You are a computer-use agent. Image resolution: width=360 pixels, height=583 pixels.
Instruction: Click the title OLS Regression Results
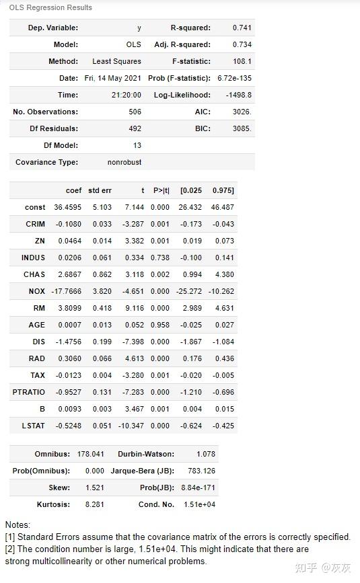50,7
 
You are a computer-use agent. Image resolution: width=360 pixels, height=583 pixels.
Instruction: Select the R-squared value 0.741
242,28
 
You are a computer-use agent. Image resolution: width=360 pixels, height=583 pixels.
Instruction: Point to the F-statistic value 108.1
242,61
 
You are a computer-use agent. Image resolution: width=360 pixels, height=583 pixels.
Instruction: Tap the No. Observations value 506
135,112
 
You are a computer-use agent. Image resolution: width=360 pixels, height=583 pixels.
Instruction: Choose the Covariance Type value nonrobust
124,162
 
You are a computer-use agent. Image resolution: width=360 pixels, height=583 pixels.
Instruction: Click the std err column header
100,190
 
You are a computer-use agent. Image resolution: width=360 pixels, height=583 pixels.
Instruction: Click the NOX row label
37,291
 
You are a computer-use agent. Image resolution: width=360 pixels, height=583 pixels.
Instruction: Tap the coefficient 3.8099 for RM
69,308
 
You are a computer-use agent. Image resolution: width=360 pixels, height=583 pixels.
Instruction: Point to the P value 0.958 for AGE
160,325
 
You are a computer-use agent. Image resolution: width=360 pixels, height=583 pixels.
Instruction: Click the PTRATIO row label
29,392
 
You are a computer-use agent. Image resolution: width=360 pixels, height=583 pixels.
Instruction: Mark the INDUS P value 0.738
160,258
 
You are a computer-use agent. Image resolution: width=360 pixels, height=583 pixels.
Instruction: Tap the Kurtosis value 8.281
95,504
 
